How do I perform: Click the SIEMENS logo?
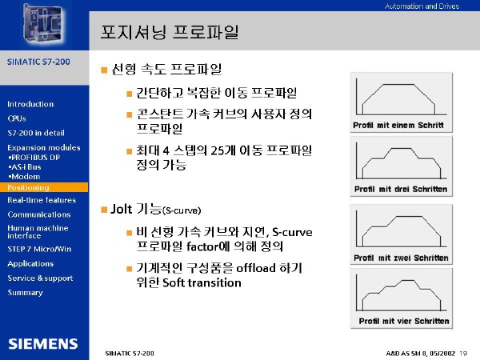43,344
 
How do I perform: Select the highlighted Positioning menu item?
28,187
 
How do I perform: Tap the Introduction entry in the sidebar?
30,104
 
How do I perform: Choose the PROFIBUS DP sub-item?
34,158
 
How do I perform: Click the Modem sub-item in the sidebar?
25,177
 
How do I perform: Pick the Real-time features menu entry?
42,200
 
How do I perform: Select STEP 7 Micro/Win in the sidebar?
39,249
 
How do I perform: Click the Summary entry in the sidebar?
25,293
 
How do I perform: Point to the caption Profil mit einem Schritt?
398,126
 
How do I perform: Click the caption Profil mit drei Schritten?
401,189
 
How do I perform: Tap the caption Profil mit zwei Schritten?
401,258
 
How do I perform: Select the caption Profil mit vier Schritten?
404,321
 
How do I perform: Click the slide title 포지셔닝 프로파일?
170,32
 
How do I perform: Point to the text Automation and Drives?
422,6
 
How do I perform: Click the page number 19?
463,354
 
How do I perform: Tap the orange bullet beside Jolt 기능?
104,210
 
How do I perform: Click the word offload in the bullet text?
256,268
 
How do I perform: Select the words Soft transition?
202,282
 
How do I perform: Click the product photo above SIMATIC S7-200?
44,24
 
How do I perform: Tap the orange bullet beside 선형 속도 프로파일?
104,70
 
